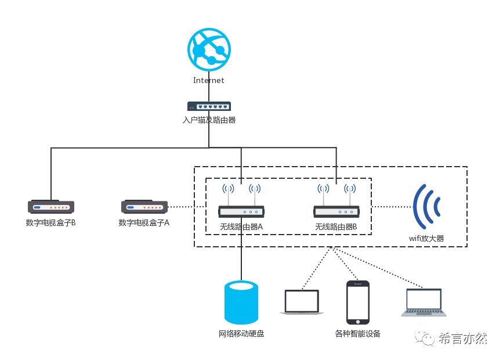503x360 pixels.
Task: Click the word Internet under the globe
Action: pyautogui.click(x=209, y=81)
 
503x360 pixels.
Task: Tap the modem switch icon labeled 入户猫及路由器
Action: pyautogui.click(x=209, y=106)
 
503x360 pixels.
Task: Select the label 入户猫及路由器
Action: pyautogui.click(x=209, y=120)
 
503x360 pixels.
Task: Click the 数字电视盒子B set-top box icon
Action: pyautogui.click(x=51, y=206)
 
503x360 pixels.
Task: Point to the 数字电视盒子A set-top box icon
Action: pyautogui.click(x=144, y=206)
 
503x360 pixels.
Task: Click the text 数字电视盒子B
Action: pyautogui.click(x=51, y=222)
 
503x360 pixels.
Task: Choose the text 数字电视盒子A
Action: pyautogui.click(x=144, y=222)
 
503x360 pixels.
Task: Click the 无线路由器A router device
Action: pyautogui.click(x=241, y=212)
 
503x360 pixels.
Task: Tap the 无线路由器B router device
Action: pyautogui.click(x=336, y=212)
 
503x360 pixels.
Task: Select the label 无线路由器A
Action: pyautogui.click(x=241, y=226)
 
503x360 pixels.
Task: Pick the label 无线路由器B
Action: pyautogui.click(x=336, y=226)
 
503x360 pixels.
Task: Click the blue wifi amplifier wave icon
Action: pyautogui.click(x=426, y=206)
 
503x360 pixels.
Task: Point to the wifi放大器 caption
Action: pyautogui.click(x=426, y=238)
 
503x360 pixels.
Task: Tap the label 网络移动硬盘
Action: pyautogui.click(x=241, y=334)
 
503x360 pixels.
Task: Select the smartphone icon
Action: pyautogui.click(x=357, y=302)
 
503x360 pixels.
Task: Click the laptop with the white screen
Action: pyautogui.click(x=301, y=302)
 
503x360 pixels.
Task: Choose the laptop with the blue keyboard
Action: pyautogui.click(x=424, y=302)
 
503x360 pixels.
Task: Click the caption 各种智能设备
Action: pyautogui.click(x=358, y=334)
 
